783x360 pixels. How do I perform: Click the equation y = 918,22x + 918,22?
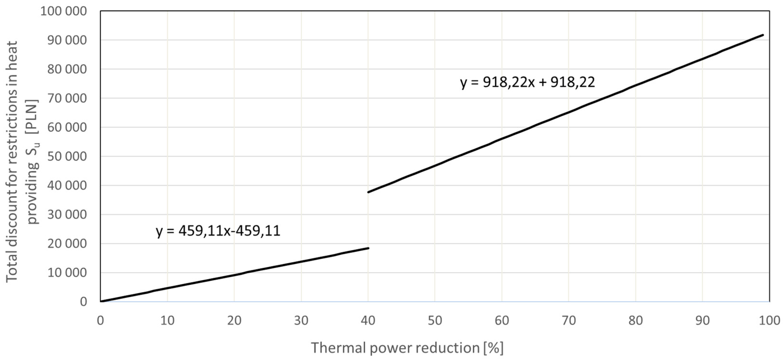pyautogui.click(x=527, y=82)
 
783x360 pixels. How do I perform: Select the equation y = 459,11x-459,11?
pyautogui.click(x=218, y=231)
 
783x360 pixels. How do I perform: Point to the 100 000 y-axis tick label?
pyautogui.click(x=63, y=11)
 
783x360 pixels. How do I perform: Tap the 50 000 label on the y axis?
pyautogui.click(x=67, y=157)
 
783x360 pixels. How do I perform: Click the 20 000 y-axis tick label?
pyautogui.click(x=67, y=244)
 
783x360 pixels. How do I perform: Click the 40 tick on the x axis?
pyautogui.click(x=368, y=320)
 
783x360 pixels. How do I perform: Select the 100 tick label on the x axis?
pyautogui.click(x=769, y=320)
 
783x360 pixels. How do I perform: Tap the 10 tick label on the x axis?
pyautogui.click(x=167, y=320)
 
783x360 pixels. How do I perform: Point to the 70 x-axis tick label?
pyautogui.click(x=569, y=320)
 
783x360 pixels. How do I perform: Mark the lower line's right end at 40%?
pyautogui.click(x=368, y=248)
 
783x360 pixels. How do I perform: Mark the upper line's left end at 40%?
pyautogui.click(x=368, y=192)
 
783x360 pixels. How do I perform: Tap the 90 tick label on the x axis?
pyautogui.click(x=702, y=320)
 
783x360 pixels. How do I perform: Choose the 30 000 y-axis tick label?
pyautogui.click(x=67, y=215)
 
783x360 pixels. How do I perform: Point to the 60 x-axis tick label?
pyautogui.click(x=502, y=320)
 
